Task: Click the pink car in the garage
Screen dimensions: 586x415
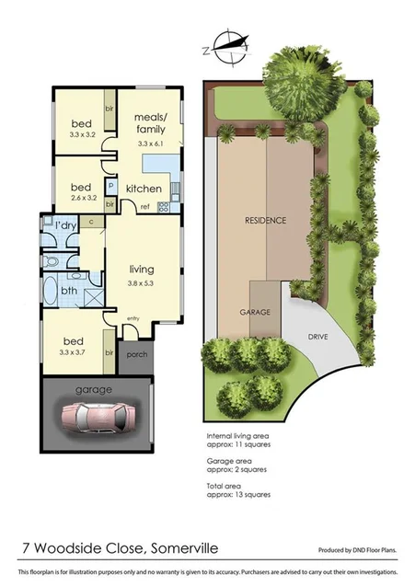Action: point(96,419)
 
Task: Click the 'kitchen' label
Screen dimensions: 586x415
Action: point(144,190)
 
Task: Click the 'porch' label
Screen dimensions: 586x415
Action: point(134,354)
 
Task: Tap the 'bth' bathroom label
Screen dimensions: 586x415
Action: point(68,291)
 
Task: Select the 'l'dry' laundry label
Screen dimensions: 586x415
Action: point(65,225)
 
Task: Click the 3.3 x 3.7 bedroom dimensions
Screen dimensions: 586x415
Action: point(77,351)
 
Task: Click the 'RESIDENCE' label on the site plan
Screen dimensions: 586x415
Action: point(265,221)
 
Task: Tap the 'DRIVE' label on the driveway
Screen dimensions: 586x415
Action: point(318,337)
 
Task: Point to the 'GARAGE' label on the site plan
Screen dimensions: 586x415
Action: point(256,312)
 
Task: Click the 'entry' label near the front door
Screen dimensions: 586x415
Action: point(133,318)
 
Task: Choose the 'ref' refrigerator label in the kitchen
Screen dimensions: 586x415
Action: point(145,208)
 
